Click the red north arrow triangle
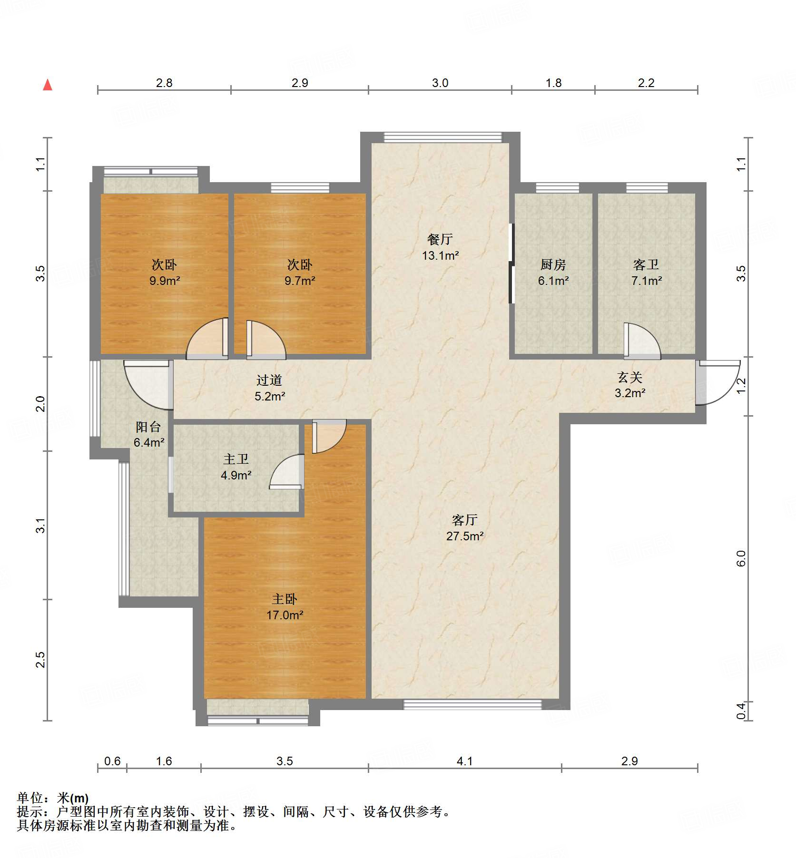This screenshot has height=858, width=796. pos(48,85)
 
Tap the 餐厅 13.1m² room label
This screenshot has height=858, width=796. pos(440,247)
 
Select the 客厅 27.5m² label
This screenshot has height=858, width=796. pos(465,528)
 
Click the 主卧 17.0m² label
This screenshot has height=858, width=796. pos(285,607)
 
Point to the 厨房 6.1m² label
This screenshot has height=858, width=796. pos(553,273)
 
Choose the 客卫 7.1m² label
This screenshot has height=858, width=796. pos(646,273)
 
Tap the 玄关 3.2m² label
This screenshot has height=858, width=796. pos(630,385)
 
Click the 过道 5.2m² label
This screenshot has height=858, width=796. pos(270,388)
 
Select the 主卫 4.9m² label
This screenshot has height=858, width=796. pos(236,467)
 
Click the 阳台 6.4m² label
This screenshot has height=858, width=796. pos(148,434)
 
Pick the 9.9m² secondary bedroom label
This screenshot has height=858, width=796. pos(165,273)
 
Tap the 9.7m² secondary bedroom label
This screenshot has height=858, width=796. pos(300,273)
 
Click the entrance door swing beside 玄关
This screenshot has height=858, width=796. pos(717,381)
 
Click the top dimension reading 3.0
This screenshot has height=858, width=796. pos(440,83)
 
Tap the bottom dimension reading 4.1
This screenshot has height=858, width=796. pos(465,761)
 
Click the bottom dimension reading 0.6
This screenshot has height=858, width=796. pos(112,761)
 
